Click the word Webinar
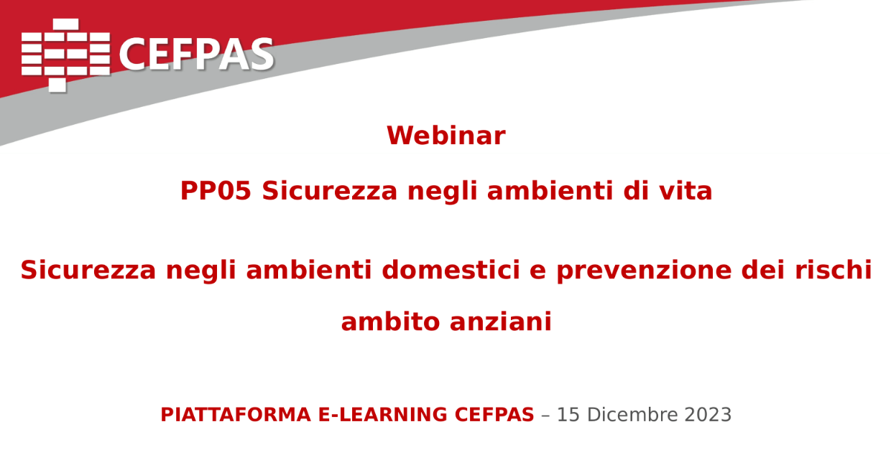[446, 136]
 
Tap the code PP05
[216, 191]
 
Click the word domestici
[451, 270]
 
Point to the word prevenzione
[644, 271]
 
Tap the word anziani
[500, 322]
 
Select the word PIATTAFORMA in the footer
[236, 415]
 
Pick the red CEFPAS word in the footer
[494, 415]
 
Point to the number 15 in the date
[568, 415]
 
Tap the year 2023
[708, 415]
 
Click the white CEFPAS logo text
[196, 55]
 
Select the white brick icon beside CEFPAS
[65, 55]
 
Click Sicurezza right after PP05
[330, 191]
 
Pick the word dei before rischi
[763, 270]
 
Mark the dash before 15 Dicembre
[546, 416]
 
